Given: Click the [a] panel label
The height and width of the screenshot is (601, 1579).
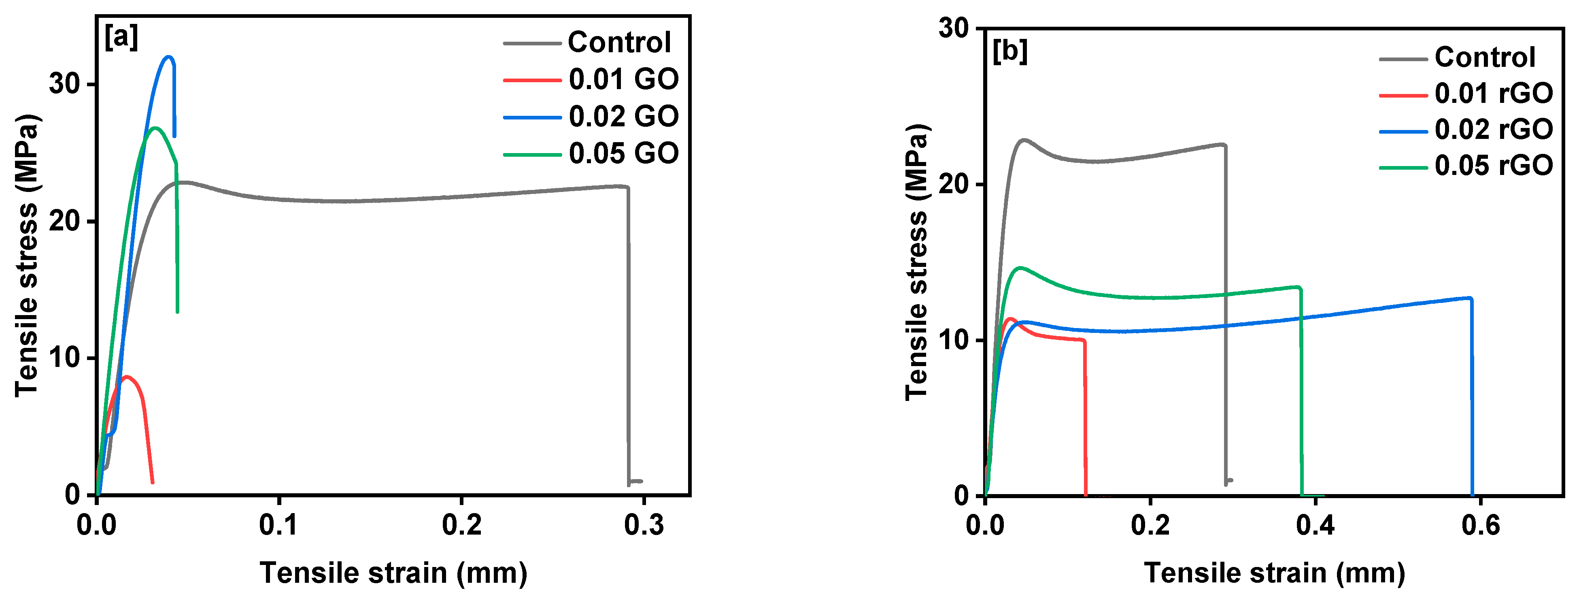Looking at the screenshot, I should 121,38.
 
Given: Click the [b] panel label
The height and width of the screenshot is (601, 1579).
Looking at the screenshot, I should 1009,51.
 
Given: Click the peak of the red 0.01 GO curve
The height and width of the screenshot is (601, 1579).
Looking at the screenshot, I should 126,377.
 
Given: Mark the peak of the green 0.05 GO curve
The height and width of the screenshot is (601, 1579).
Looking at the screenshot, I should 155,128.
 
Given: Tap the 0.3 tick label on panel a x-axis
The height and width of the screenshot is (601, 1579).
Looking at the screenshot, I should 644,526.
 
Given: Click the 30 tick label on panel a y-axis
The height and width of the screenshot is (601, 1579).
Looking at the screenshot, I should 66,83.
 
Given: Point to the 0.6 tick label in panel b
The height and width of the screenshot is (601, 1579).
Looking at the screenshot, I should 1480,526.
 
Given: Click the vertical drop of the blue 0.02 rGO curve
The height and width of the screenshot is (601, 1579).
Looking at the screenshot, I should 1472,399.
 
